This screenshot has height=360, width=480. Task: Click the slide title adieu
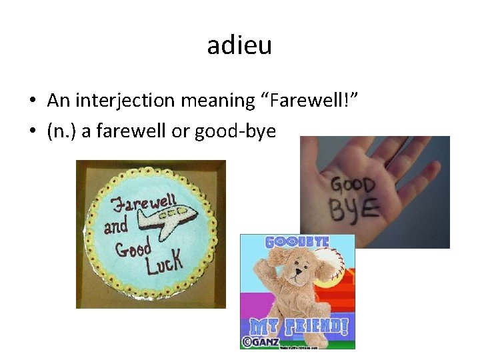point(239,46)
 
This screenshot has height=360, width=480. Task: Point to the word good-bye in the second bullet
point(235,131)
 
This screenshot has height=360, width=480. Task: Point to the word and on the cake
point(115,226)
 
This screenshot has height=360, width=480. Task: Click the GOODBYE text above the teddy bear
point(297,241)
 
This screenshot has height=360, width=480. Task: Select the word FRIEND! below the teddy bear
point(311,327)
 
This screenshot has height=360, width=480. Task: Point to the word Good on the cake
point(133,249)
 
